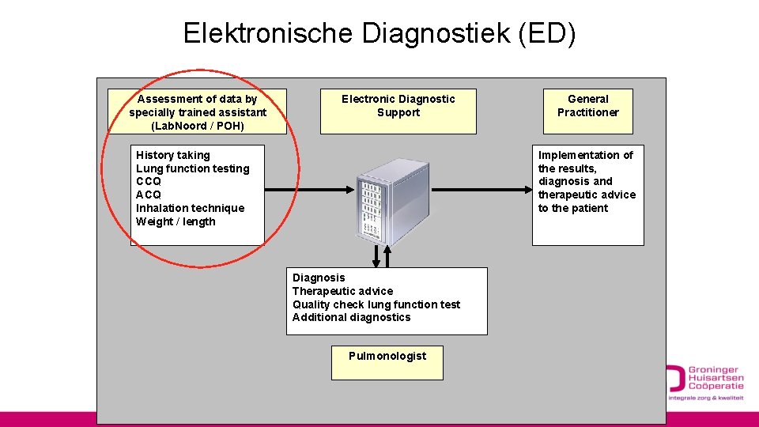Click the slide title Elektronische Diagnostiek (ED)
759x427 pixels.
point(379,33)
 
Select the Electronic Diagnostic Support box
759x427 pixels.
point(398,111)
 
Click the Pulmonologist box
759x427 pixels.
point(387,362)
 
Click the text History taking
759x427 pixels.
point(173,155)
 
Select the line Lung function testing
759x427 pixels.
point(192,168)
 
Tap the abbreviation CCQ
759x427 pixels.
point(149,181)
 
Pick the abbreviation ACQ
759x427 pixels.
point(149,195)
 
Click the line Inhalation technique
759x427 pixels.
point(190,208)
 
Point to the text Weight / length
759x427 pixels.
point(176,221)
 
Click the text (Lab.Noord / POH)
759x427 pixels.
point(198,126)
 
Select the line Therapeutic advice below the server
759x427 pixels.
point(342,291)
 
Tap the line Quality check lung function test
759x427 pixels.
point(376,304)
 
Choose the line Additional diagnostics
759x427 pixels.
point(352,317)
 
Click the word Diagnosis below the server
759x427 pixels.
point(319,278)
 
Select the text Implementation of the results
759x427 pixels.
point(585,161)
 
